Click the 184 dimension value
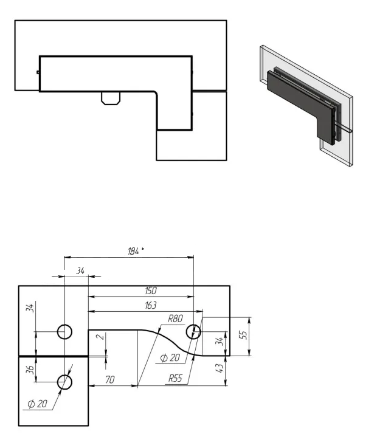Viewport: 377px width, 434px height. tap(133, 251)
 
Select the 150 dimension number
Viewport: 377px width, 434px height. tap(151, 291)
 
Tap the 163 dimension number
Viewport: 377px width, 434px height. tap(151, 305)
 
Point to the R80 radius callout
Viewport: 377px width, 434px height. tap(176, 319)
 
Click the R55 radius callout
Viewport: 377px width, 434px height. tap(176, 378)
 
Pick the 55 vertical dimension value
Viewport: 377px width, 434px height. tap(243, 335)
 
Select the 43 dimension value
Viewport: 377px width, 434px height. tap(220, 368)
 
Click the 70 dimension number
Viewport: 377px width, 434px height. tap(110, 379)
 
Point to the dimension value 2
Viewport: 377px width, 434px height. tap(102, 337)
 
